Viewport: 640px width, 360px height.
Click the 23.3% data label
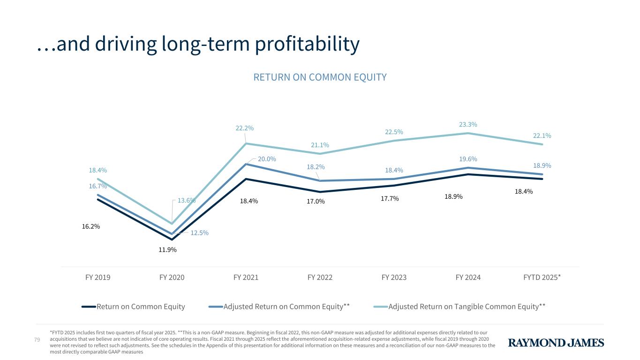[x=468, y=125]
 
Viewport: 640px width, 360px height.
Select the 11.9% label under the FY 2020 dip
[x=167, y=250]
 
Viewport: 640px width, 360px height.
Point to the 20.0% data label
[x=267, y=159]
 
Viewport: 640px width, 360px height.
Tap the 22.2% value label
[x=245, y=128]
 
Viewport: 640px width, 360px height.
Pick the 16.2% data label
[x=91, y=226]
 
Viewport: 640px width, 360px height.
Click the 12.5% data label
[x=200, y=233]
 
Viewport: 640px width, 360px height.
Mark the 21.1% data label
[x=320, y=145]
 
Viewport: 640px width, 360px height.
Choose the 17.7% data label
[x=390, y=199]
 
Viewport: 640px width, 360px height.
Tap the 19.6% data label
[x=468, y=159]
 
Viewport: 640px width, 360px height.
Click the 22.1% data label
[x=542, y=136]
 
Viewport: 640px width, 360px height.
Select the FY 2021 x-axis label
[x=246, y=277]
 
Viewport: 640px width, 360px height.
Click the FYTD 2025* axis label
[x=542, y=277]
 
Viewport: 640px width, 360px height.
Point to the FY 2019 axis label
[x=98, y=277]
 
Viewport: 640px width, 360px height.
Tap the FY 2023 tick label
[x=394, y=277]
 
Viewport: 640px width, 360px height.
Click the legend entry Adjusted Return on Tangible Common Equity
[x=467, y=307]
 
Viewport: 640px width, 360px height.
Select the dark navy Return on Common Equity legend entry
[x=140, y=307]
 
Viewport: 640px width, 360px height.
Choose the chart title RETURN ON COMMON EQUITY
[x=320, y=77]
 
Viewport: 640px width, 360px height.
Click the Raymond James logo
[x=556, y=343]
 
